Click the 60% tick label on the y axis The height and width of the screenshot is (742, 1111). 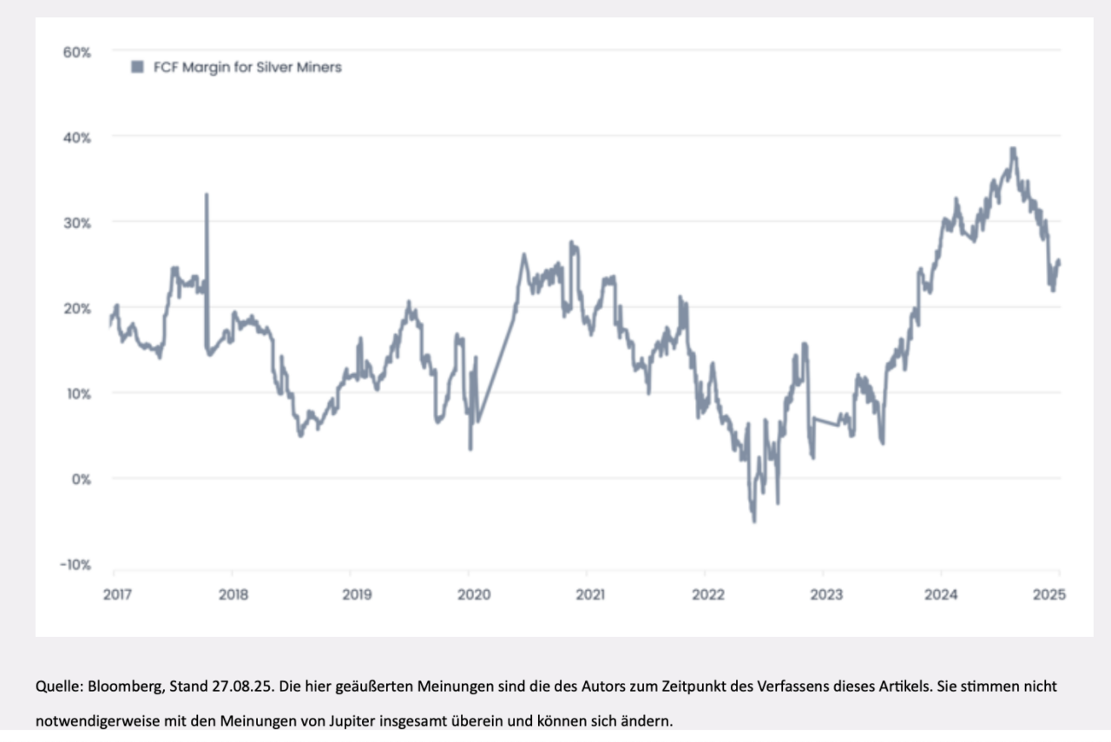(76, 52)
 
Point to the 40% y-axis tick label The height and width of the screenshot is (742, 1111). (76, 137)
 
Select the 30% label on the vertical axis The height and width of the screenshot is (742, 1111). (76, 222)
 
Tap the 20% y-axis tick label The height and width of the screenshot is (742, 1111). (76, 308)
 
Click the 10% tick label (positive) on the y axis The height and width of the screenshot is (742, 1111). (76, 393)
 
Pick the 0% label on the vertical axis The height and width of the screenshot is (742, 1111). (80, 478)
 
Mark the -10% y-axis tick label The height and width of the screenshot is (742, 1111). (75, 565)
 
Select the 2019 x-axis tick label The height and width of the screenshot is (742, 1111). (357, 594)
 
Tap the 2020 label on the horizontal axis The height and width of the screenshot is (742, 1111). (474, 594)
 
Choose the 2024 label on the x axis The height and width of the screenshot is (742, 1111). (941, 594)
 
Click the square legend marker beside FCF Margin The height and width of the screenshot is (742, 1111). (136, 67)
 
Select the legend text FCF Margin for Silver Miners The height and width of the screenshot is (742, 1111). (247, 67)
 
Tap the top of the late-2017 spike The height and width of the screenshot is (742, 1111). (207, 194)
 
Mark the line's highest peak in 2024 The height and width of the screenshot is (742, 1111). (1012, 148)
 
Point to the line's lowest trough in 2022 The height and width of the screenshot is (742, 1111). (754, 521)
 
